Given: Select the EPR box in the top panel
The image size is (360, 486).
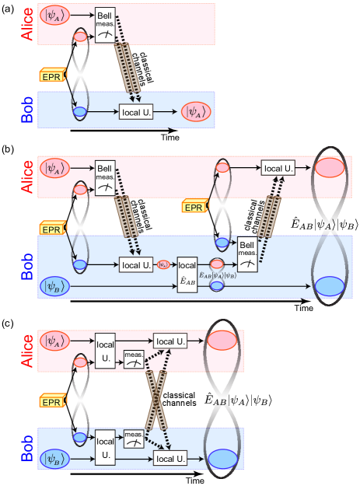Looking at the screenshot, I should coord(50,75).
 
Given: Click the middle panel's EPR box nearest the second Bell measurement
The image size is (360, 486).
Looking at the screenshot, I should coord(193,206).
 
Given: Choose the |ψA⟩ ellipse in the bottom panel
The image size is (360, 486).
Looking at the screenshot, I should coord(58,341).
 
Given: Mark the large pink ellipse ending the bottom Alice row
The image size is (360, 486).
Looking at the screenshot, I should coord(222,341).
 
